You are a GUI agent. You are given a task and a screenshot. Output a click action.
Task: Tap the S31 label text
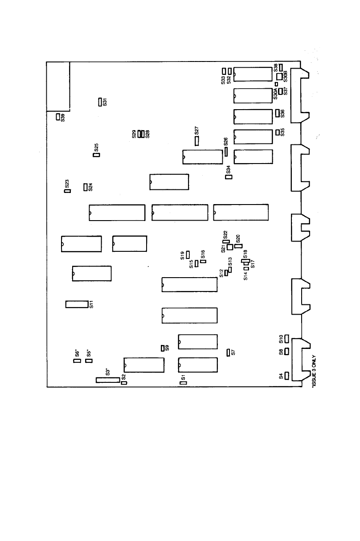pyautogui.click(x=105, y=102)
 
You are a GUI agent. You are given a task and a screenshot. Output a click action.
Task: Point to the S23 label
pyautogui.click(x=67, y=183)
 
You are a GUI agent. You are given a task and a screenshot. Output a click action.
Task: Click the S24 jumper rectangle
pyautogui.click(x=86, y=187)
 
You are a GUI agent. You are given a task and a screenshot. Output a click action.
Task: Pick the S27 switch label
pyautogui.click(x=196, y=131)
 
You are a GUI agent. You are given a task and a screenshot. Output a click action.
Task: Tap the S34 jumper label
pyautogui.click(x=229, y=169)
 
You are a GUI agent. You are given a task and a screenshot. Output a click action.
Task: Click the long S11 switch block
pyautogui.click(x=76, y=304)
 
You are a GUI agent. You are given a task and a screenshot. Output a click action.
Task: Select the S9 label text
pyautogui.click(x=167, y=348)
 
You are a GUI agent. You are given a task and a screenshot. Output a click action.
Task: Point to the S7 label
pyautogui.click(x=233, y=352)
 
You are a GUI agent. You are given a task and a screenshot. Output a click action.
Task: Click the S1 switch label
pyautogui.click(x=183, y=377)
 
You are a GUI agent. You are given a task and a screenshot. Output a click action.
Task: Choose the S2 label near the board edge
pyautogui.click(x=123, y=377)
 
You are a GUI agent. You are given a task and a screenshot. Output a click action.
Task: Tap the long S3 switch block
pyautogui.click(x=107, y=380)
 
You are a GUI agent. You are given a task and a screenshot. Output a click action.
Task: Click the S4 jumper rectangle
pyautogui.click(x=287, y=376)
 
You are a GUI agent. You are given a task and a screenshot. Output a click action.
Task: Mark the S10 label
pyautogui.click(x=281, y=339)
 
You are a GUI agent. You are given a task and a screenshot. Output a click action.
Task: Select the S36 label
pyautogui.click(x=282, y=113)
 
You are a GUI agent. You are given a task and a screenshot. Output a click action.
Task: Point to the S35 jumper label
pyautogui.click(x=282, y=132)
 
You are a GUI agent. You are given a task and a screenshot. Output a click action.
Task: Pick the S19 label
pyautogui.click(x=183, y=255)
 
